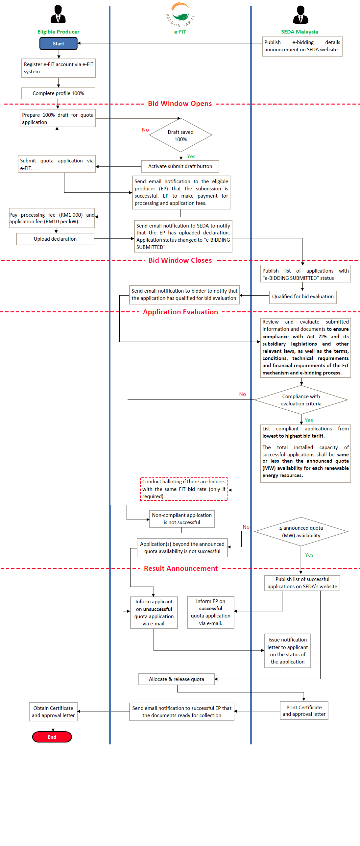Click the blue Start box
coord(59,43)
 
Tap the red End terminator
coord(52,737)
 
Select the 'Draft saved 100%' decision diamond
coord(180,135)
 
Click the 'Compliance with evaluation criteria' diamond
coord(301,400)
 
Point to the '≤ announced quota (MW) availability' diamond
coord(301,531)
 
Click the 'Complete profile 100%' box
coord(58,93)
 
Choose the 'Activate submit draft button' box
coord(180,166)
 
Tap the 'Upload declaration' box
coord(55,239)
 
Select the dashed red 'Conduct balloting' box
coord(184,489)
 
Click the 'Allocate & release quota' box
coord(177,679)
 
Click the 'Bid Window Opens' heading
coord(180,104)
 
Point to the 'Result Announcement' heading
coord(181,568)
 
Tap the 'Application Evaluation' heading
coord(180,312)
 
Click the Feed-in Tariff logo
coord(180,15)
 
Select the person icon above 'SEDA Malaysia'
coord(300,15)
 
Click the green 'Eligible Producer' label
coord(58,32)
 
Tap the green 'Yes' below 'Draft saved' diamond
coord(191,157)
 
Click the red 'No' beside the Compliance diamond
coord(243,394)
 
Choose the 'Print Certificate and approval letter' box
coord(304,711)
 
